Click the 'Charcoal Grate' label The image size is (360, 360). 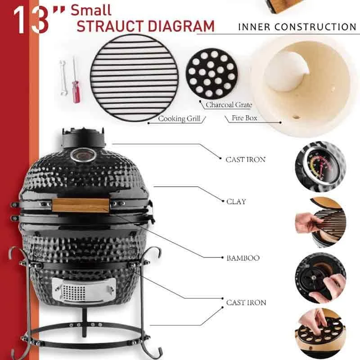coord(229,105)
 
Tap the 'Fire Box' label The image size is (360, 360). coord(244,119)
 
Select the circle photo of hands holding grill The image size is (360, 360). coord(320,222)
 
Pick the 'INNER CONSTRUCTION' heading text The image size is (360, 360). coord(297,27)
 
